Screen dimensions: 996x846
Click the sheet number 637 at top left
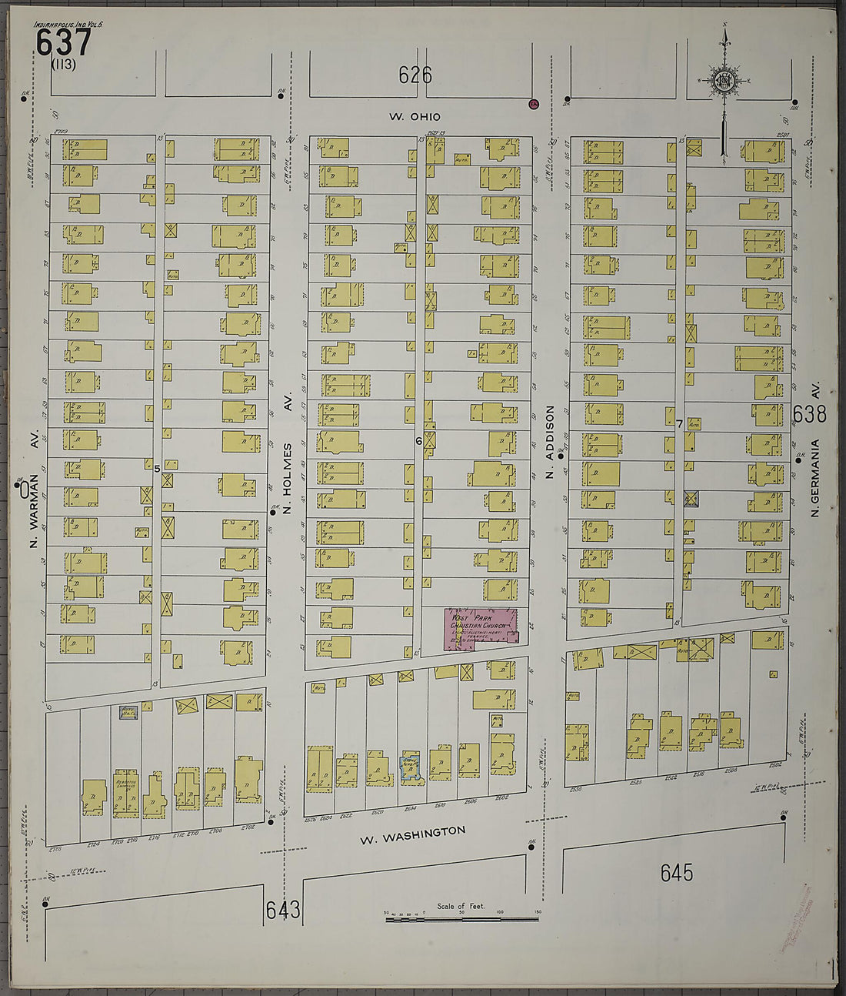point(63,43)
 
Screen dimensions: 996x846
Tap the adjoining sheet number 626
point(415,75)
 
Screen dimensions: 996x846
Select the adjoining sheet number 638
point(810,414)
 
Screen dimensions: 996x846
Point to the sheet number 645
point(676,872)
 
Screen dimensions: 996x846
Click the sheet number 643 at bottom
point(283,910)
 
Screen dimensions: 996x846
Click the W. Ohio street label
point(415,116)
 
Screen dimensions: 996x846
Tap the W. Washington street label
point(413,834)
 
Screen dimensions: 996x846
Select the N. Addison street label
point(550,442)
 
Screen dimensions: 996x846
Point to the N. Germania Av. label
point(818,454)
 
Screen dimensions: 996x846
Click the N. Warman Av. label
point(34,500)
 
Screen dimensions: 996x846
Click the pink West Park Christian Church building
point(481,627)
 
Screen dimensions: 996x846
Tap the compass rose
point(724,80)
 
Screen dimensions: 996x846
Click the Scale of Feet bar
point(461,918)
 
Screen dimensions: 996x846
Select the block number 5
point(157,468)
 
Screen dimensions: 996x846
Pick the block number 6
point(419,441)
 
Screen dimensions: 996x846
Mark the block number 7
point(680,423)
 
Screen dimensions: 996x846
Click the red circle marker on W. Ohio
point(532,103)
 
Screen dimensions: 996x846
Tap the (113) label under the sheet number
point(63,65)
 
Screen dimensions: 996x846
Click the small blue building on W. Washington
point(411,768)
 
